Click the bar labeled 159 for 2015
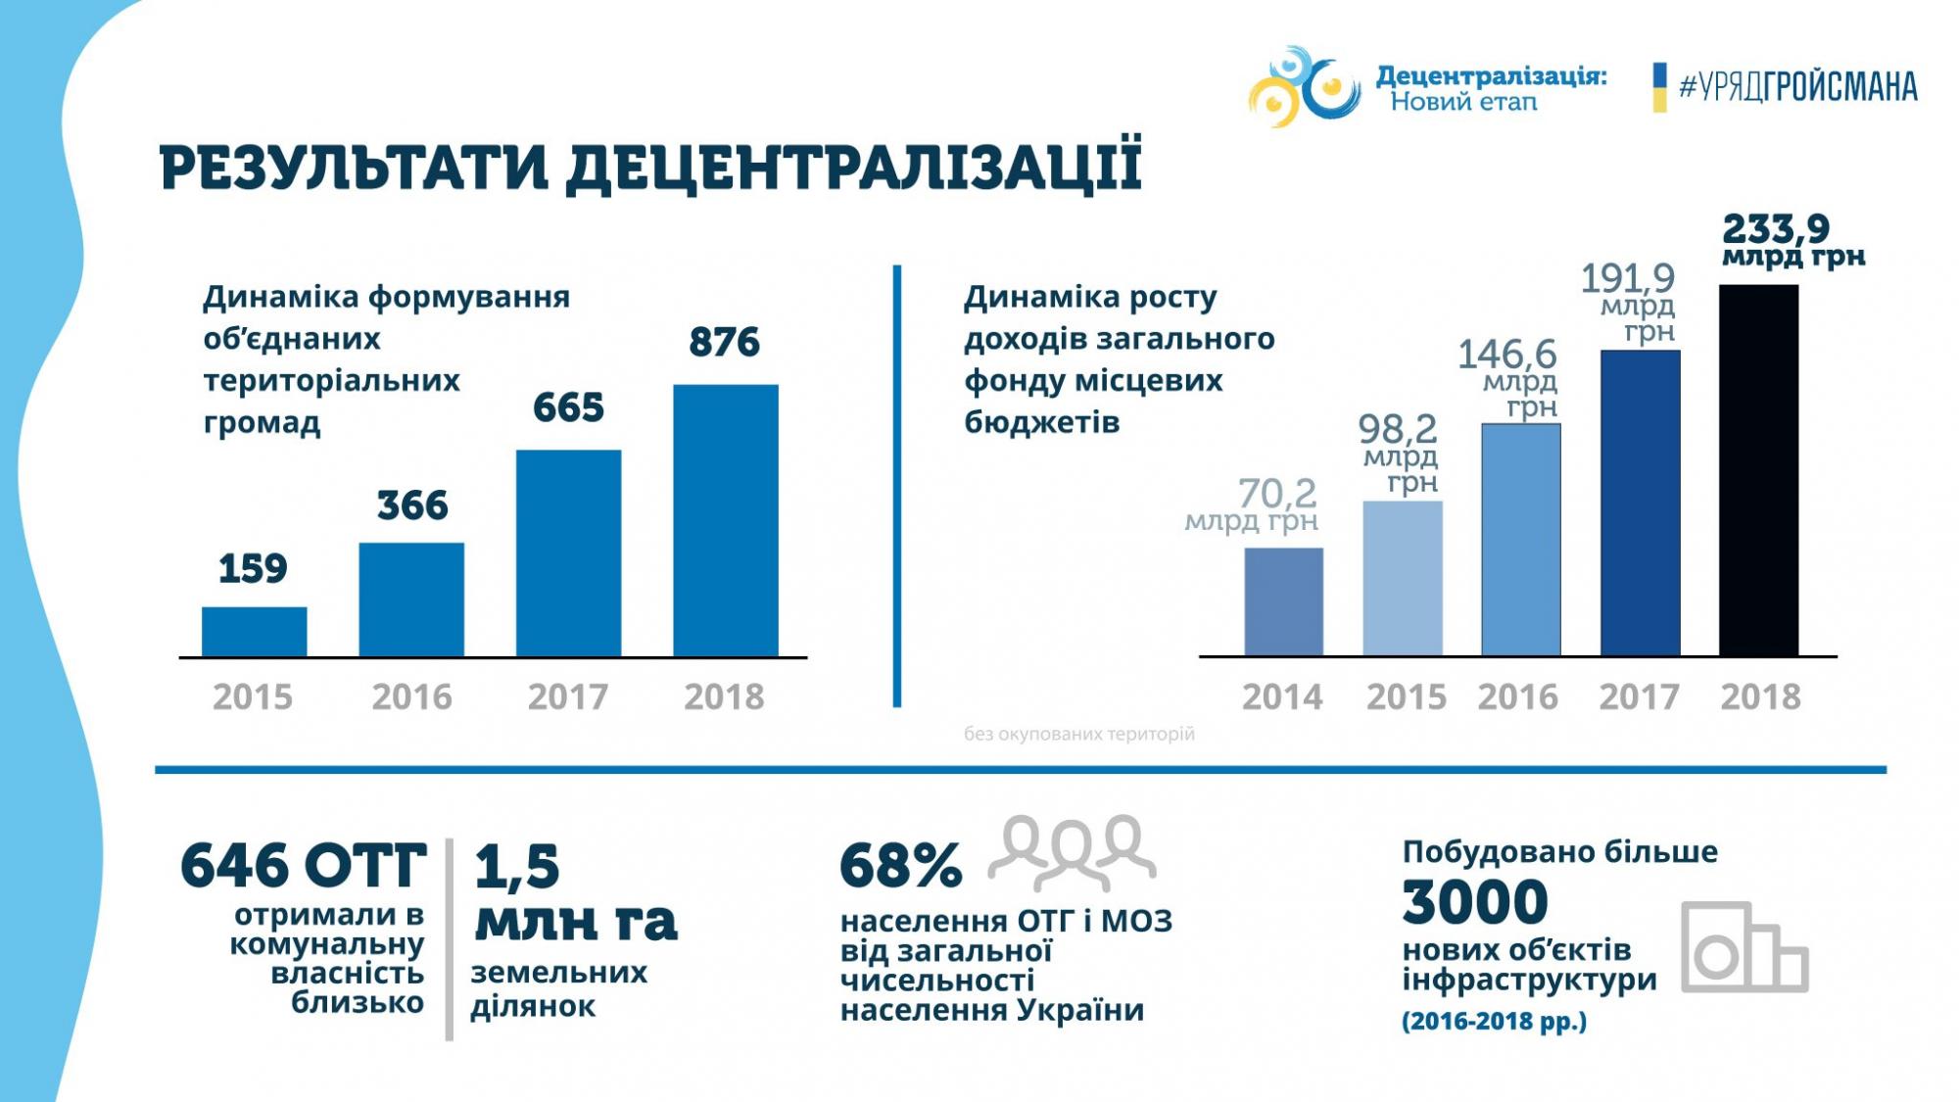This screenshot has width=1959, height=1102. (x=254, y=632)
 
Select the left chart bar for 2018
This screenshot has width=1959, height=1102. (x=726, y=520)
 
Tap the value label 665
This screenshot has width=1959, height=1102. (x=568, y=407)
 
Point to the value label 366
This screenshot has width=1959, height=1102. (x=412, y=505)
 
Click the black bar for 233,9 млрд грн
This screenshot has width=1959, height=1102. (x=1758, y=470)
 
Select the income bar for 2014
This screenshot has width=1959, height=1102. (x=1283, y=601)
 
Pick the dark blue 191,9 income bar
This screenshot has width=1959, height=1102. (x=1640, y=503)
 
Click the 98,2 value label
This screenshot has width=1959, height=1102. (x=1397, y=429)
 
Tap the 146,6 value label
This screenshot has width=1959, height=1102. (x=1506, y=354)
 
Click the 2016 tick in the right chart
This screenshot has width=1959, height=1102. (x=1517, y=696)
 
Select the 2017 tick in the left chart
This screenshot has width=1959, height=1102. (x=568, y=696)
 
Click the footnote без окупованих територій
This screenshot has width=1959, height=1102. (x=1078, y=734)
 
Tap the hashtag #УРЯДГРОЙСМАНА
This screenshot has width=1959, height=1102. (x=1797, y=87)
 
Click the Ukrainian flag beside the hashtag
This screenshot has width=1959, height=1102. (x=1659, y=87)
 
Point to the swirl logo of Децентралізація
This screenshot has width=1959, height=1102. (x=1304, y=86)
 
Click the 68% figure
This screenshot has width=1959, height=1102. (x=900, y=866)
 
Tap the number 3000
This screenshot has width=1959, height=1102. (x=1474, y=902)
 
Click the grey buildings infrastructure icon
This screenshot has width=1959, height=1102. (x=1744, y=947)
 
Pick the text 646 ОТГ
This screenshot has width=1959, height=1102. (x=304, y=866)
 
